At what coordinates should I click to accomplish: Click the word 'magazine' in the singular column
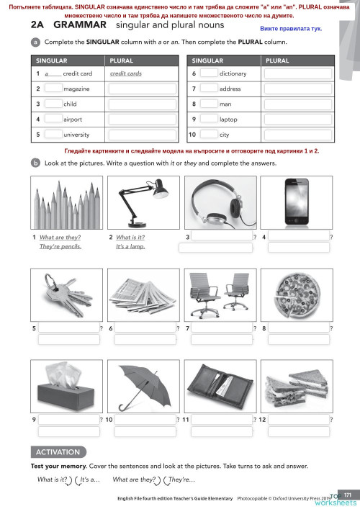(76, 89)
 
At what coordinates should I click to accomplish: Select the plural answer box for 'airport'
(143, 119)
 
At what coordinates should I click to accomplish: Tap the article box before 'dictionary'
(208, 73)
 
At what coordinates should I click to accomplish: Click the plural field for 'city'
(298, 134)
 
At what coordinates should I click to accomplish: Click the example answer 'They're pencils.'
(60, 246)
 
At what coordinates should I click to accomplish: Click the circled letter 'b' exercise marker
(35, 163)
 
